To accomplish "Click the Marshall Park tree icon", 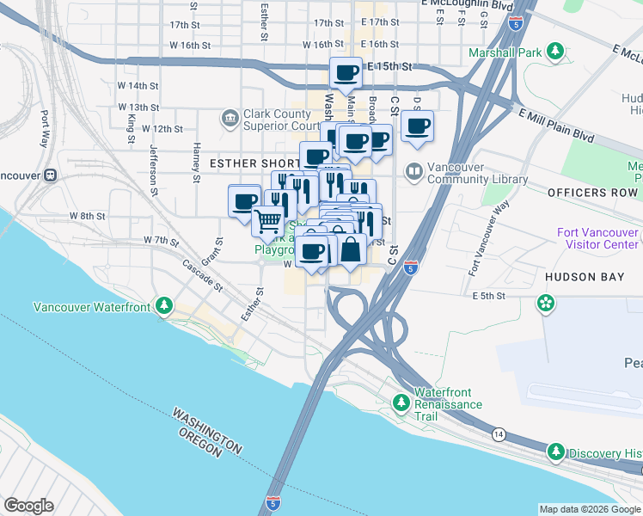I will click(x=556, y=52).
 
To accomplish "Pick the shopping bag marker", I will click(x=351, y=250).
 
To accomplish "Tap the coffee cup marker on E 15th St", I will click(x=346, y=72).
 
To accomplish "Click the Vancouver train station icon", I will click(x=51, y=175).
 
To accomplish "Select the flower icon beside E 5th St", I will click(x=545, y=302).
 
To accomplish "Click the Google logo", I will click(x=29, y=506).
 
